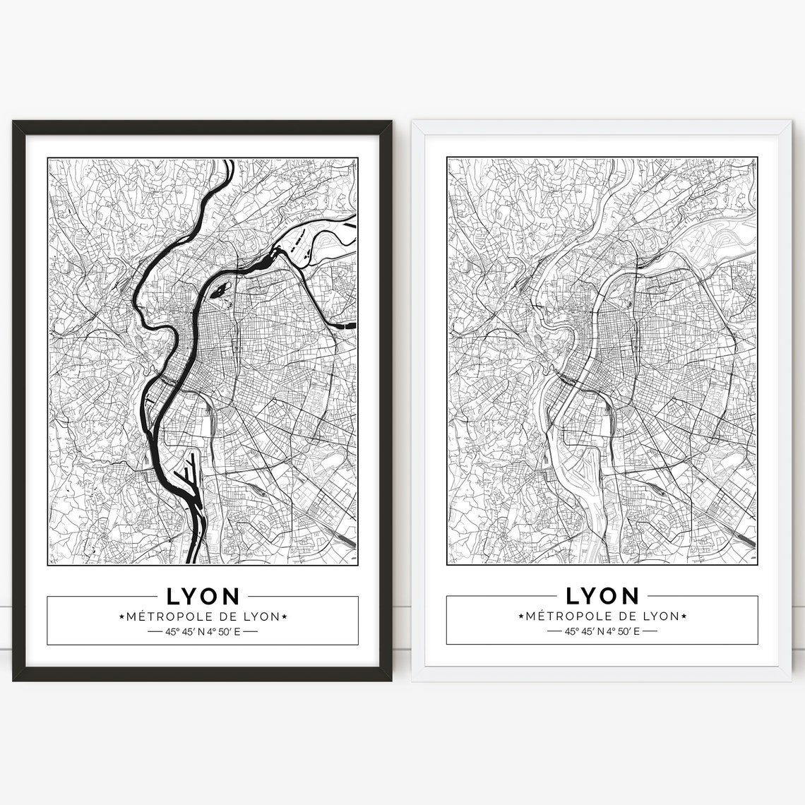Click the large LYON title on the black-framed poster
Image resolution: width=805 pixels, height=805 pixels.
pos(203,595)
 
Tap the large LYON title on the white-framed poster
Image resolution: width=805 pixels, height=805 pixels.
pos(602,595)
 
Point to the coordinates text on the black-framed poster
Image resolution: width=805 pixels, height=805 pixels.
pos(203,631)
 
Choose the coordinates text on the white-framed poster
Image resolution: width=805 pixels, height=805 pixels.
pos(602,631)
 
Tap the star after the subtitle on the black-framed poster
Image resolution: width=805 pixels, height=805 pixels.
pos(284,616)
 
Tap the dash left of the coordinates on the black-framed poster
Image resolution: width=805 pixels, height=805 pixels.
pos(155,631)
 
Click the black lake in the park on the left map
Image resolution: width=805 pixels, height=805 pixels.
pos(219,290)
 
